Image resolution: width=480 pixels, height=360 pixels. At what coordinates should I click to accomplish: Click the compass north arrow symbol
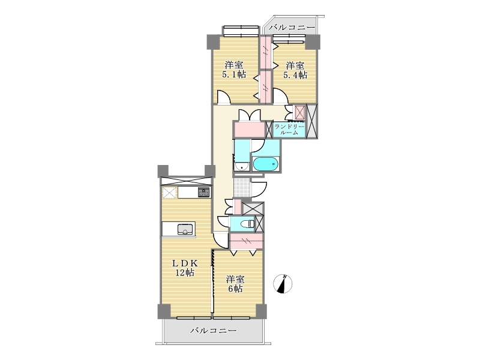pos(283,284)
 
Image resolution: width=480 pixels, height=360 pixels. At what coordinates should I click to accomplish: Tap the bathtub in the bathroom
pos(265,164)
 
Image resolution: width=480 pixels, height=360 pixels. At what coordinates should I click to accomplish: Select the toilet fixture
pos(248,224)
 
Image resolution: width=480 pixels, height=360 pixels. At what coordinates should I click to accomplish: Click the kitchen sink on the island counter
pos(185,229)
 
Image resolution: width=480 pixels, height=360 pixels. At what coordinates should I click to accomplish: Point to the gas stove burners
pos(203,192)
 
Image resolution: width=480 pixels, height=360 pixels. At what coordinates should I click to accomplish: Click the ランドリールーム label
pos(289,130)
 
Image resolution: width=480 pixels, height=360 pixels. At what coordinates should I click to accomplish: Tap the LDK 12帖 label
pos(185,268)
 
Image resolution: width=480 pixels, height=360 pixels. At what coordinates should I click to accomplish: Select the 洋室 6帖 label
pos(235,284)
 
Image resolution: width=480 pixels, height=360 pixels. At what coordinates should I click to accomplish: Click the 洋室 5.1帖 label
pos(234,70)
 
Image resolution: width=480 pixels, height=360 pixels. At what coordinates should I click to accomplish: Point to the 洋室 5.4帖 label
pos(295,70)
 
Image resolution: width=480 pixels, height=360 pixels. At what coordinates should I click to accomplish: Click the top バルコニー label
pos(292,28)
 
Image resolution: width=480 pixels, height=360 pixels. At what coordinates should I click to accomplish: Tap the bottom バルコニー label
pos(214,331)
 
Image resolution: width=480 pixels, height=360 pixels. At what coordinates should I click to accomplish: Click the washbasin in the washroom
pos(242,167)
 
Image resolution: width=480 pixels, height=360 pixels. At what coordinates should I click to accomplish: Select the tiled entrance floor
pos(242,187)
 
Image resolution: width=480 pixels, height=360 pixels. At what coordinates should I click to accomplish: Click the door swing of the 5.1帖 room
pos(224,97)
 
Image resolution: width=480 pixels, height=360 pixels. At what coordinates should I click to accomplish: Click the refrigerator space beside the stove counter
pos(169,193)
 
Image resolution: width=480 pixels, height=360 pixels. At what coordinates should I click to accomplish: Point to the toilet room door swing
pos(223,221)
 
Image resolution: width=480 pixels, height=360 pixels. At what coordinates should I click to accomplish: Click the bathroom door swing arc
pos(258,146)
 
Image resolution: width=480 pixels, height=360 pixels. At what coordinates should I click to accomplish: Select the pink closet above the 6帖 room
pos(246,241)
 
